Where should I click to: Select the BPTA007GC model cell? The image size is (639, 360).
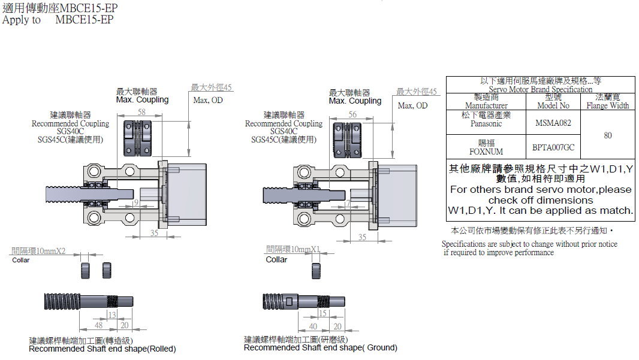coord(553,147)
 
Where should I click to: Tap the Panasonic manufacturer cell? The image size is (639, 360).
coord(486,123)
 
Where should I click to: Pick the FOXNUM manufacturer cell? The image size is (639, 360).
coord(486,152)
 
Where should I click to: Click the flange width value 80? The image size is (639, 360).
coord(608,135)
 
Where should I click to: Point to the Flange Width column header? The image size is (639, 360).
coord(608,105)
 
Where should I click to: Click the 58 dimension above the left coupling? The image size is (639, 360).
coord(142,112)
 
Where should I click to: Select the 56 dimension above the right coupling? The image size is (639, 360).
coord(352,114)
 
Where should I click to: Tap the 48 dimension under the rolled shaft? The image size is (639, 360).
coord(98,325)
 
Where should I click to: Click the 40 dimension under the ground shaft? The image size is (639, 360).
coord(313,326)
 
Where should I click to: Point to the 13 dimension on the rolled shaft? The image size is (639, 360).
coord(111,315)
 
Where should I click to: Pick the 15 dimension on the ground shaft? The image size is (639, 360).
coord(322,313)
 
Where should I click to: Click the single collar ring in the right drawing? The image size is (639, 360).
coord(316,270)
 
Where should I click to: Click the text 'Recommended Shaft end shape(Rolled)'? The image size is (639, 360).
coord(103,349)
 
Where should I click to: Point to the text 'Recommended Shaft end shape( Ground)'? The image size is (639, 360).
coord(320,347)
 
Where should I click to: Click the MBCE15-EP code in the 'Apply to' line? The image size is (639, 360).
coord(84,20)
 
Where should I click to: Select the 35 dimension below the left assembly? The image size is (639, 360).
coord(154,234)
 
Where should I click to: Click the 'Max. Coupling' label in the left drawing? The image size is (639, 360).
coord(142,99)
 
